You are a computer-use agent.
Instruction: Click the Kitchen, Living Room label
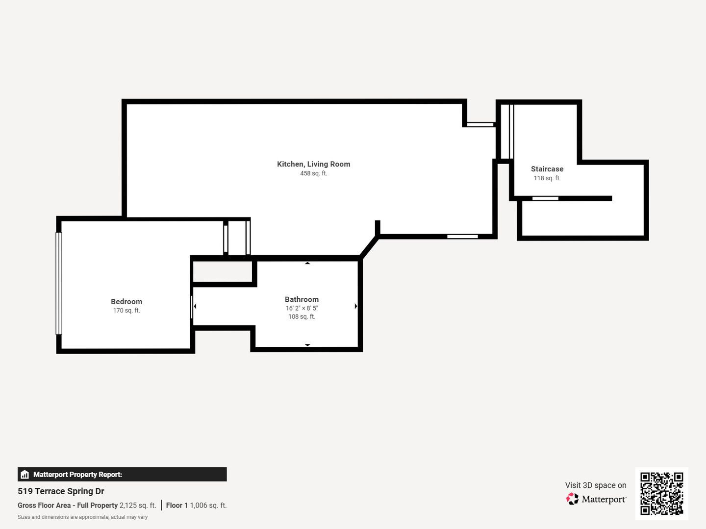pyautogui.click(x=314, y=164)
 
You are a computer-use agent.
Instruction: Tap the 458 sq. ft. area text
pyautogui.click(x=314, y=173)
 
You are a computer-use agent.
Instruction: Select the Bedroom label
pyautogui.click(x=126, y=302)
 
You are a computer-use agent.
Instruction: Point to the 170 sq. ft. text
pyautogui.click(x=126, y=311)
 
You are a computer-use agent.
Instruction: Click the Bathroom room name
pyautogui.click(x=302, y=299)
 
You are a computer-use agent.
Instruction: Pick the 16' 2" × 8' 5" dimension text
pyautogui.click(x=302, y=309)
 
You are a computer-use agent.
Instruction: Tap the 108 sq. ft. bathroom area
pyautogui.click(x=302, y=317)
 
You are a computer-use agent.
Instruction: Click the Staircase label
pyautogui.click(x=547, y=169)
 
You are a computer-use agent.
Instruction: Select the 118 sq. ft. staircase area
pyautogui.click(x=547, y=178)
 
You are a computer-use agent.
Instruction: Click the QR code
pyautogui.click(x=661, y=494)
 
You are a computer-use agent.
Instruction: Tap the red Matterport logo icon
pyautogui.click(x=572, y=499)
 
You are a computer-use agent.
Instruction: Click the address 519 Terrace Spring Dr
pyautogui.click(x=61, y=491)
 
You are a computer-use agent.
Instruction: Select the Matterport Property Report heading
pyautogui.click(x=77, y=475)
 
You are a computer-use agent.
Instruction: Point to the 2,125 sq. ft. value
pyautogui.click(x=138, y=505)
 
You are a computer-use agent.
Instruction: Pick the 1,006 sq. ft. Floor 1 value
pyautogui.click(x=208, y=505)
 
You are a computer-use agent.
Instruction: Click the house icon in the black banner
pyautogui.click(x=25, y=475)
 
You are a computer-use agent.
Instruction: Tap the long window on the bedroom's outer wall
pyautogui.click(x=59, y=284)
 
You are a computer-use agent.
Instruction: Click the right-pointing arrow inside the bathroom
pyautogui.click(x=356, y=306)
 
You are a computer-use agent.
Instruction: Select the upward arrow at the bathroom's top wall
pyautogui.click(x=307, y=263)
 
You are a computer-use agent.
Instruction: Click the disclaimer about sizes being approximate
pyautogui.click(x=83, y=517)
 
